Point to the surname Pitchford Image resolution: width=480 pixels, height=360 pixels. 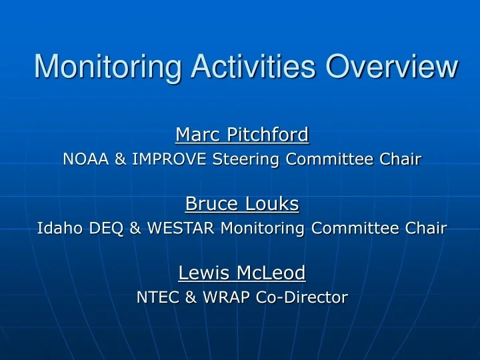click(267, 135)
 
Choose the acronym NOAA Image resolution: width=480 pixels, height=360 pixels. click(85, 159)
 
